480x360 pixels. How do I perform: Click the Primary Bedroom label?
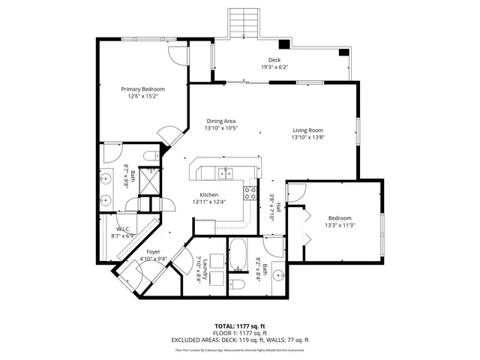142,88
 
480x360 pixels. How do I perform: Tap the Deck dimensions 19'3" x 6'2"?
274,67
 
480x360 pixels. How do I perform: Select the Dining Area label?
221,121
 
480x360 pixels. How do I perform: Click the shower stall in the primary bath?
149,182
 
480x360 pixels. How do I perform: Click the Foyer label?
153,252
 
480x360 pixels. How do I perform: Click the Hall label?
278,207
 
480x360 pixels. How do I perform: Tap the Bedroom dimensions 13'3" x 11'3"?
339,225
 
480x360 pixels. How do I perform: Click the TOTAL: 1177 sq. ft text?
241,326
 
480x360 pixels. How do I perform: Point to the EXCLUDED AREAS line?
241,340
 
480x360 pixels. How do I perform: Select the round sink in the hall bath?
277,274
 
